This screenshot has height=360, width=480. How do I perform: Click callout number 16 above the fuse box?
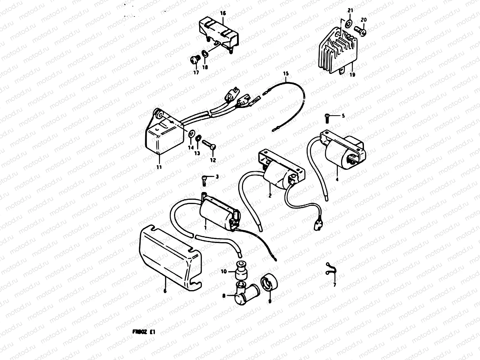pos(223,13)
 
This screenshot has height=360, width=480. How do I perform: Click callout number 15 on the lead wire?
pos(285,73)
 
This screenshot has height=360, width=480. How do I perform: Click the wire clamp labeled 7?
pos(330,269)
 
